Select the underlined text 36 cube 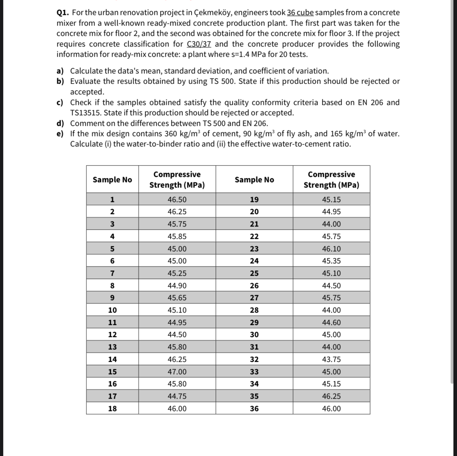coord(300,13)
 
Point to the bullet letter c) coord(60,103)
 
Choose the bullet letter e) coord(60,134)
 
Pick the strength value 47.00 coord(177,372)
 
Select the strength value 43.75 coord(331,359)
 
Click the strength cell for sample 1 coord(177,199)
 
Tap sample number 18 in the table coord(112,409)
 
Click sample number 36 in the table coord(254,409)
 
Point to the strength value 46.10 coord(331,249)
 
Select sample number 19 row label coord(254,199)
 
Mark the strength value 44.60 coord(331,322)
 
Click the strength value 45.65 coord(177,298)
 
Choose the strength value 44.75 coord(177,396)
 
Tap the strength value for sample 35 coord(331,396)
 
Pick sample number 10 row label coord(112,310)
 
